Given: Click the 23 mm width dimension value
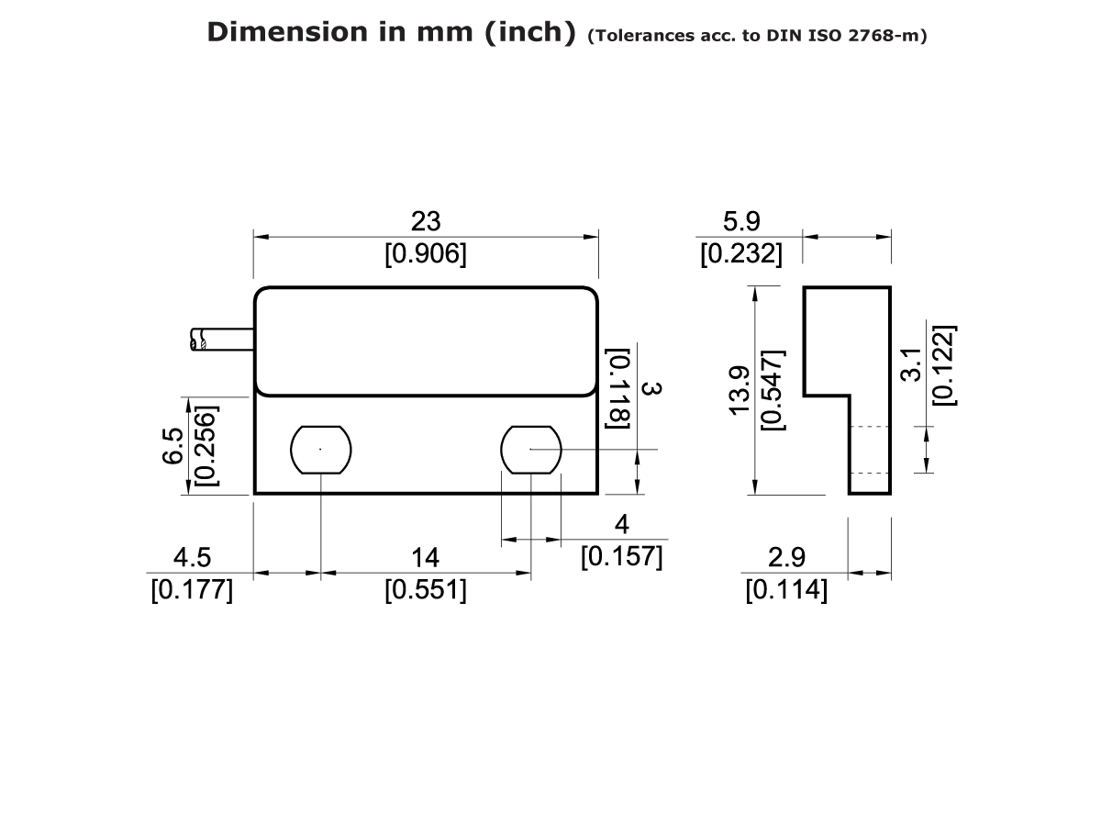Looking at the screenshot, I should pyautogui.click(x=425, y=221).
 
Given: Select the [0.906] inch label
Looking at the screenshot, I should pyautogui.click(x=425, y=254).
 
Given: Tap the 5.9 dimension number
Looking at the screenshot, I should pyautogui.click(x=741, y=221).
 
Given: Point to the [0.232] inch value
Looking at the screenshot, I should pyautogui.click(x=741, y=254).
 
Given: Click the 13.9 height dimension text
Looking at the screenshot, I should pyautogui.click(x=740, y=390).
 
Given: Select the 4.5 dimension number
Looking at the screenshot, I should pyautogui.click(x=192, y=557).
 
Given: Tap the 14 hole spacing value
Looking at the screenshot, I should pyautogui.click(x=425, y=557).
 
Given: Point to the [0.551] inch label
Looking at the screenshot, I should pyautogui.click(x=425, y=590).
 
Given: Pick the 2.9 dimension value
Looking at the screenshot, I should pyautogui.click(x=786, y=557).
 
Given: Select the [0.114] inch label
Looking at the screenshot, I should pyautogui.click(x=786, y=590).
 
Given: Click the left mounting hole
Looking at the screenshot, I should pyautogui.click(x=321, y=449).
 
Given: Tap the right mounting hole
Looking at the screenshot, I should pyautogui.click(x=530, y=449).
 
